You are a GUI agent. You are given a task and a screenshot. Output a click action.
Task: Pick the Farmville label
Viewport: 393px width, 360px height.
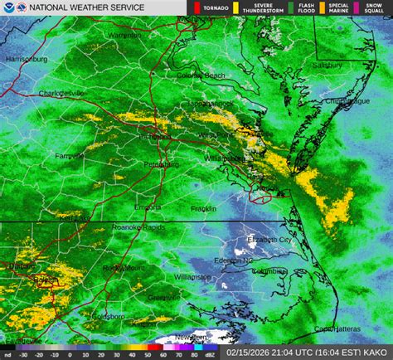click(x=69, y=155)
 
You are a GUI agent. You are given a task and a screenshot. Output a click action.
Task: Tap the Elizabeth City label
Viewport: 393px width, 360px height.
click(x=269, y=240)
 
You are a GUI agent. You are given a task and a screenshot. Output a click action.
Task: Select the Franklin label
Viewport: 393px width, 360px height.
click(x=199, y=207)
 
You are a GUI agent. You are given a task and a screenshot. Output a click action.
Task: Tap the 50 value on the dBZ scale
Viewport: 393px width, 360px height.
click(x=133, y=355)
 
